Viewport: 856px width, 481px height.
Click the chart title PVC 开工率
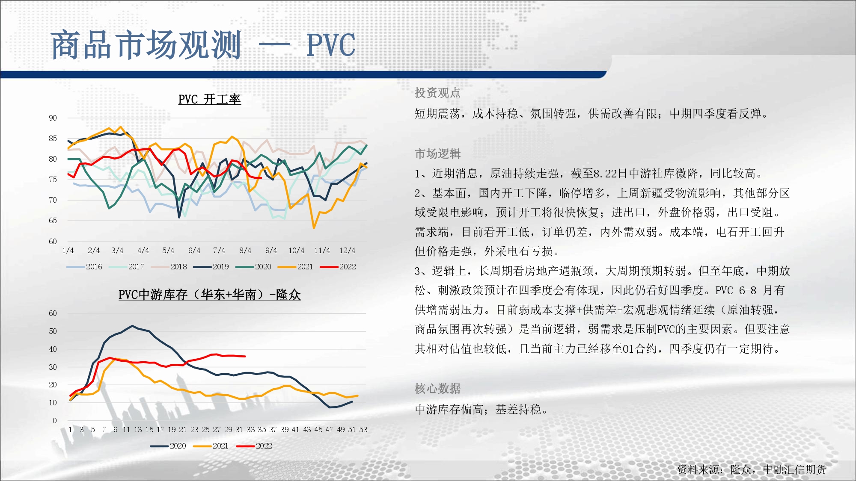[x=209, y=99]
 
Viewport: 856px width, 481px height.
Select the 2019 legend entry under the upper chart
[x=211, y=267]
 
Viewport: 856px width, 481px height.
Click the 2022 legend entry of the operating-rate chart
[x=338, y=267]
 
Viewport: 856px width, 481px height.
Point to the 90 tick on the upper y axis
[x=53, y=118]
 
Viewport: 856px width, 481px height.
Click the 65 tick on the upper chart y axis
[x=53, y=221]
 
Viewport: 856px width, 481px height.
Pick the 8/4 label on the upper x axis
[x=245, y=251]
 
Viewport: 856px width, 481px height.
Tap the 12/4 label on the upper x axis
[x=347, y=251]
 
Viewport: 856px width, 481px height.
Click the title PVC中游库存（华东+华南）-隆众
[x=209, y=295]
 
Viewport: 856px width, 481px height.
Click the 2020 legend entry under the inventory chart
[x=168, y=446]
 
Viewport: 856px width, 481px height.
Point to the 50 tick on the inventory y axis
[x=53, y=331]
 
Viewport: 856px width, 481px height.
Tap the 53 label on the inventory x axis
[x=363, y=430]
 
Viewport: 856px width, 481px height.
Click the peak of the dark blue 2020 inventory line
[x=132, y=326]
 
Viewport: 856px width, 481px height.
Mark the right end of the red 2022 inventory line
[x=245, y=356]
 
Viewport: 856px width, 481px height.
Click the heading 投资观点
[x=437, y=93]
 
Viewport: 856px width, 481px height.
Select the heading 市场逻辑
[x=437, y=154]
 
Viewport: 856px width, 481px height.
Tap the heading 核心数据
[x=437, y=389]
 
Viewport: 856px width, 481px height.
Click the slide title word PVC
[x=331, y=45]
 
